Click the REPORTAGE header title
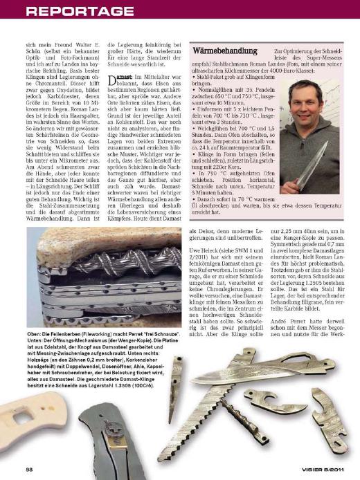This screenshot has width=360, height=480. pos(69,11)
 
